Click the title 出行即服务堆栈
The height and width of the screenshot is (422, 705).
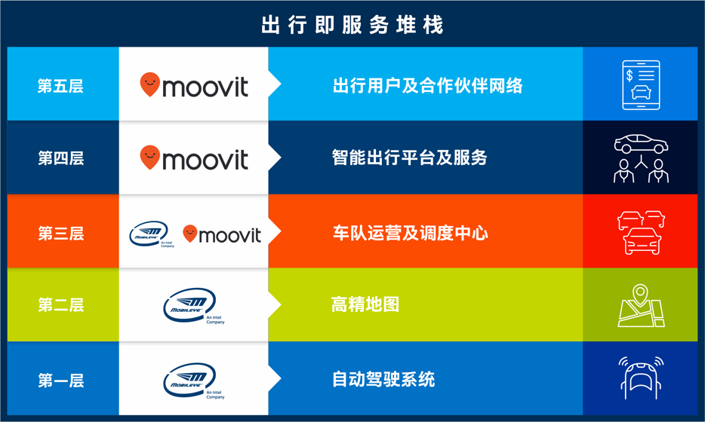(352, 25)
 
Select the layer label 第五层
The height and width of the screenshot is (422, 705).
(60, 86)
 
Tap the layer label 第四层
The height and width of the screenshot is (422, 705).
(60, 158)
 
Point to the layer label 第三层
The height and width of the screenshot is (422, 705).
(60, 234)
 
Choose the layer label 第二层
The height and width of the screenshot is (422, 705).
(60, 305)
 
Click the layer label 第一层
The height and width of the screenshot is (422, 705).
(60, 381)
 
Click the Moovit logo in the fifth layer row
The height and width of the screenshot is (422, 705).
(194, 85)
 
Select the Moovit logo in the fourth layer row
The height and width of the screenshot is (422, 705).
(194, 157)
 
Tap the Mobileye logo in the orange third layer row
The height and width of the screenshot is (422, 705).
(152, 234)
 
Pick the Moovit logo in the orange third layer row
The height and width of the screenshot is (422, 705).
(222, 234)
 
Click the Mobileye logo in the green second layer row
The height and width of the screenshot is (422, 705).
(194, 306)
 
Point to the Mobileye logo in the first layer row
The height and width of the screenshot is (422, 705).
(194, 381)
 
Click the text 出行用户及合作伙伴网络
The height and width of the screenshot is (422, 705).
(427, 86)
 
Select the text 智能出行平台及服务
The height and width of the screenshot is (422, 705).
(410, 157)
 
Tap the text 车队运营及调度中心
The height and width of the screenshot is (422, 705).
(411, 233)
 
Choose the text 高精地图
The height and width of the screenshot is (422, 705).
(365, 304)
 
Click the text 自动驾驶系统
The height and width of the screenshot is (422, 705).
(383, 379)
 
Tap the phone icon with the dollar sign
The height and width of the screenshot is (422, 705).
(641, 85)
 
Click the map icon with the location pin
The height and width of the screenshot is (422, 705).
(641, 305)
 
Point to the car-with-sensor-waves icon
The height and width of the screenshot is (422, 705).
(641, 378)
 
